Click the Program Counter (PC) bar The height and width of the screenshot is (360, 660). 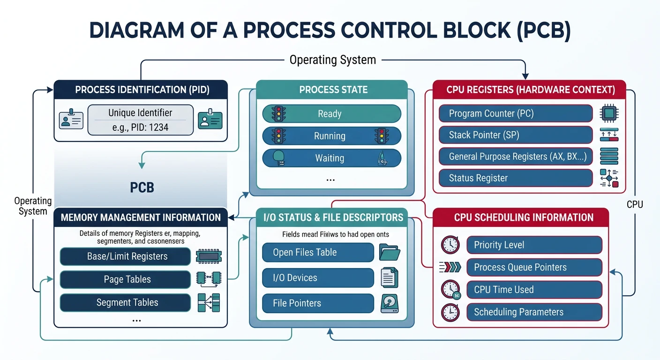(x=516, y=113)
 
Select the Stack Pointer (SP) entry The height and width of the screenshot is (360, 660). (x=516, y=135)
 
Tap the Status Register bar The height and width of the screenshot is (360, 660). (x=516, y=178)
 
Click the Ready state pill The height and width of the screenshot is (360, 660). (x=331, y=114)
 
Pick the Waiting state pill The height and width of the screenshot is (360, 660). (x=331, y=158)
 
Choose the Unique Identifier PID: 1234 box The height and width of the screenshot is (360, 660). (x=140, y=120)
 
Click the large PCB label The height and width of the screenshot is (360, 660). (x=142, y=187)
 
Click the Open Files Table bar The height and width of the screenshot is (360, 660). (x=317, y=252)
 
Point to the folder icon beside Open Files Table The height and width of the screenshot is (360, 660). (x=390, y=252)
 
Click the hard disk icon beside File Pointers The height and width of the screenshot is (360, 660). (x=390, y=303)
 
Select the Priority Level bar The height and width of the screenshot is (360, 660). (x=534, y=245)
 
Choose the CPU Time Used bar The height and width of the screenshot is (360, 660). (x=534, y=290)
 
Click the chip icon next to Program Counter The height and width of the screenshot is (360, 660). (x=609, y=113)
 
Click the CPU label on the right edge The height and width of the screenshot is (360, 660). (x=635, y=204)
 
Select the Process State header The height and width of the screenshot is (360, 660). (x=333, y=90)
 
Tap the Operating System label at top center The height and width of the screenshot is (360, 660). (x=332, y=60)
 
